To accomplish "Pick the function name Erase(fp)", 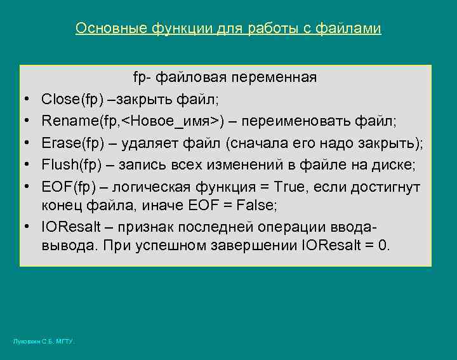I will click(x=69, y=143).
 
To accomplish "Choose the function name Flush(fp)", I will click(x=69, y=165).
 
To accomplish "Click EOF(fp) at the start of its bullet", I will click(x=67, y=187).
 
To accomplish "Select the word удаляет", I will click(x=141, y=143).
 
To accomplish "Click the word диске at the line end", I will click(x=395, y=165).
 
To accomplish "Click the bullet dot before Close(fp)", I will click(x=30, y=100).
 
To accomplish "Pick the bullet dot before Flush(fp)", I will click(x=30, y=166).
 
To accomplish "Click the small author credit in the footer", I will click(x=44, y=342).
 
